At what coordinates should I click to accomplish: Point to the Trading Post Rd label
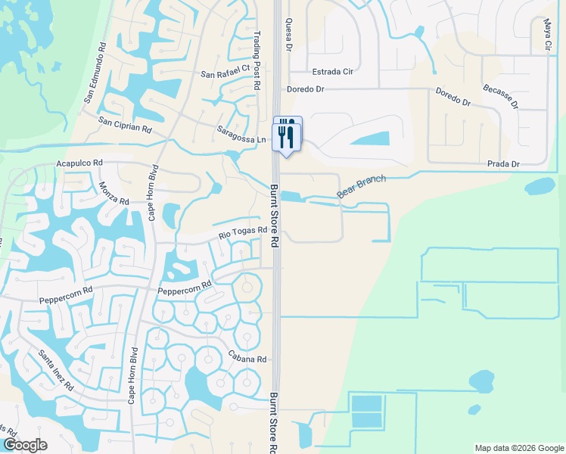click(x=257, y=66)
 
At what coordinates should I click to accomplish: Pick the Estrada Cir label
click(x=334, y=73)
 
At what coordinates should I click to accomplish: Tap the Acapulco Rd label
click(x=79, y=163)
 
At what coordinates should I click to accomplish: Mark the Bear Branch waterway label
click(x=362, y=187)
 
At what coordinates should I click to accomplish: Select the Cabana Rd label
click(x=247, y=356)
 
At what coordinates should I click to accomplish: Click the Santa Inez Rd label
click(x=57, y=370)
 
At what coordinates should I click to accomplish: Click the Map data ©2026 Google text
click(x=518, y=448)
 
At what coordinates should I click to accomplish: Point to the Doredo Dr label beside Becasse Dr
click(x=453, y=96)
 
